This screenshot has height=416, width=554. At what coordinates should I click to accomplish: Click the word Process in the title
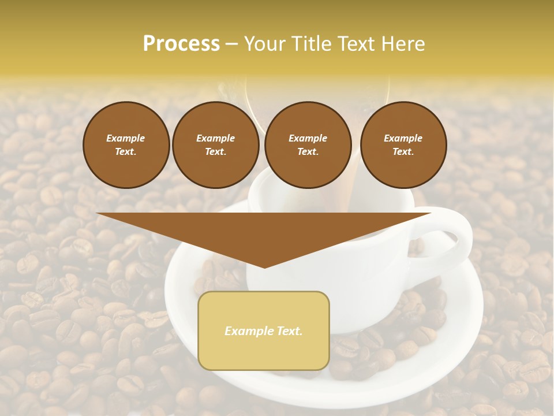click(x=181, y=44)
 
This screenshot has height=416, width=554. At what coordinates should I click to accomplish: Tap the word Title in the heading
click(x=312, y=44)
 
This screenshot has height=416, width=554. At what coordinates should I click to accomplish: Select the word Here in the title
click(x=402, y=44)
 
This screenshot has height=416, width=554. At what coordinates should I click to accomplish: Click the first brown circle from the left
click(x=126, y=145)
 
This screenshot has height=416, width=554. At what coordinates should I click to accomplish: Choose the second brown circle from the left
click(x=215, y=145)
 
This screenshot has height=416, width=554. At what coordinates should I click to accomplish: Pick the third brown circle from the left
click(x=308, y=145)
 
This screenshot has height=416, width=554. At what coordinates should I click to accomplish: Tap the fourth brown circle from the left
click(x=403, y=145)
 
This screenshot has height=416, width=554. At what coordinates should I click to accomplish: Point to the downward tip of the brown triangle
click(x=264, y=266)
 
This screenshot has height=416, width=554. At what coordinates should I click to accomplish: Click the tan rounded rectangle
click(x=264, y=352)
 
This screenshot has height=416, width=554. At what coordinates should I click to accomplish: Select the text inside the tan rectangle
click(x=264, y=331)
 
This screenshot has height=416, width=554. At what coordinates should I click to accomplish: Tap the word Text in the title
click(x=358, y=44)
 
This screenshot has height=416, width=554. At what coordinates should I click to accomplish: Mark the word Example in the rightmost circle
click(x=403, y=138)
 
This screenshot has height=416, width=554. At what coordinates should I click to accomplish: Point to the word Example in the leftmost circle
click(x=126, y=138)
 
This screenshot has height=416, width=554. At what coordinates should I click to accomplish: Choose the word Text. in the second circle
click(x=215, y=152)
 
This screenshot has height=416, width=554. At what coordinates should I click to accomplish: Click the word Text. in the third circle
click(x=308, y=152)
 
